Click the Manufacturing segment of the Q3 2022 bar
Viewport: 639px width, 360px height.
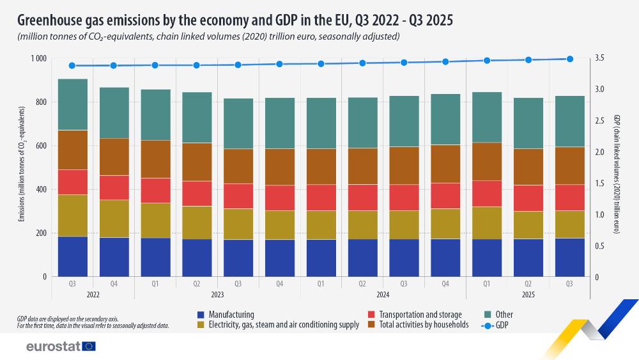72,256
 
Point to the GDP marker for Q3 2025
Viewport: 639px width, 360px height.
570,59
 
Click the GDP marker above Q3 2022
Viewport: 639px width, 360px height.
72,65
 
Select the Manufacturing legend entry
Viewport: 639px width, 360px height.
226,315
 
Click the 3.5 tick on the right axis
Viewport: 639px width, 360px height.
599,59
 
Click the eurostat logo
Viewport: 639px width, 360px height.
60,346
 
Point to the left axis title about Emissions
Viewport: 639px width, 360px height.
22,168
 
